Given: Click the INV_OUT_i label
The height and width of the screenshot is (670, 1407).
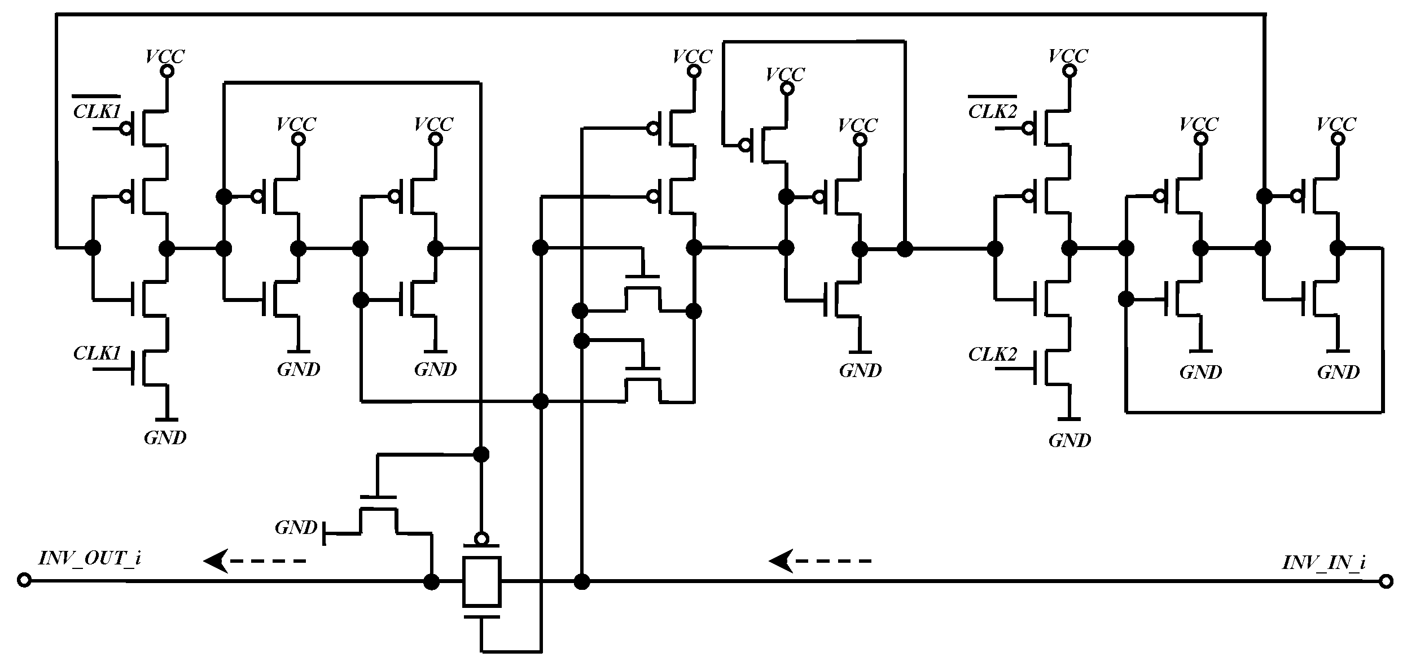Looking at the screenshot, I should click(x=89, y=558).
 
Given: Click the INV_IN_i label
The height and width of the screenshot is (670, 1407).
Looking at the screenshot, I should click(x=1323, y=562).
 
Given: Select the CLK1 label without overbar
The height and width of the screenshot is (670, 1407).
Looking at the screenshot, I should click(x=97, y=354).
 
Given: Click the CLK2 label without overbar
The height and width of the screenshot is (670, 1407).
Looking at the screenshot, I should click(x=992, y=354).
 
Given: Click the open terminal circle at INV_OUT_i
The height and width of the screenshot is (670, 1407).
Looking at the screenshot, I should click(x=24, y=580).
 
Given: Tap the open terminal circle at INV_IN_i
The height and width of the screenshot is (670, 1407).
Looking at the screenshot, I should click(x=1386, y=581).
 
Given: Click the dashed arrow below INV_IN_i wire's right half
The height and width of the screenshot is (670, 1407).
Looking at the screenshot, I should click(x=820, y=561).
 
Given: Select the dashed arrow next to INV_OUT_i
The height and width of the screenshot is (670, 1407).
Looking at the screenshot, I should click(x=255, y=561).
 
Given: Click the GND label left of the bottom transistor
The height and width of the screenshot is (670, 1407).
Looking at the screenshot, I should click(x=296, y=528).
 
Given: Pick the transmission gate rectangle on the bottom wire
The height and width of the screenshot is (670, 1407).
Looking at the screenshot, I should click(x=481, y=581).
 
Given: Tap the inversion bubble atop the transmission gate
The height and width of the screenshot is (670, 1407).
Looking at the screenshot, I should click(x=481, y=538).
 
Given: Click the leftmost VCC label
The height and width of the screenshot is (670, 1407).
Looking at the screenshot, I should click(x=165, y=56).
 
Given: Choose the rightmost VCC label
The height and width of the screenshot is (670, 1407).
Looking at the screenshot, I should click(x=1336, y=124).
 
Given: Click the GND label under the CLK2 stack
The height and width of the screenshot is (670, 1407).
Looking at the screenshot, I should click(x=1070, y=440).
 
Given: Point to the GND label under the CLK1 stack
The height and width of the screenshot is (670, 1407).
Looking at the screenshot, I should click(x=165, y=437).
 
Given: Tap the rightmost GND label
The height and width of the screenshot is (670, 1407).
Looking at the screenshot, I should click(x=1338, y=372).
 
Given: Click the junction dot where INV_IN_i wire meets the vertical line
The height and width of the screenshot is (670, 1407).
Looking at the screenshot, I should click(x=581, y=581).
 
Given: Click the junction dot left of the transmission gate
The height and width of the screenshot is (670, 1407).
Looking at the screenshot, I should click(x=431, y=581).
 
